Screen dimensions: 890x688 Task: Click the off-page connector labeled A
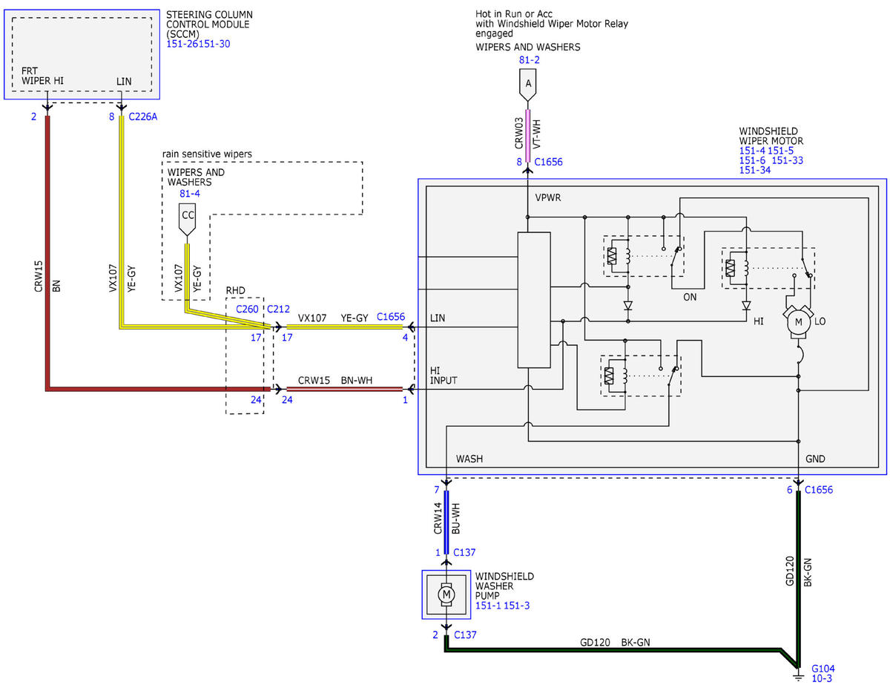pos(527,85)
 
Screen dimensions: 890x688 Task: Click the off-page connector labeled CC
pos(187,219)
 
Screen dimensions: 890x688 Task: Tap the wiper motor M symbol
pos(797,322)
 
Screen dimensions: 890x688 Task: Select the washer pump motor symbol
pos(446,594)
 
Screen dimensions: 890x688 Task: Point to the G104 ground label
pos(823,668)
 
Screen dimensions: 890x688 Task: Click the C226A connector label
pos(142,117)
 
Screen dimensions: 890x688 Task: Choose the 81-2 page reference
pos(529,60)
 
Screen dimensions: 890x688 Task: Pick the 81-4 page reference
pos(190,194)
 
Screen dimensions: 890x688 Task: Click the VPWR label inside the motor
pos(547,197)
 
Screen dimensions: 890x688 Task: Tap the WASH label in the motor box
pos(469,459)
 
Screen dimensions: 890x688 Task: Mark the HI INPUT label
pos(444,376)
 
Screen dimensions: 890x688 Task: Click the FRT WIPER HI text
pos(42,76)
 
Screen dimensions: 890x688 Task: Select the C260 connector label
pos(247,309)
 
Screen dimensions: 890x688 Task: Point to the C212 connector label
pos(278,309)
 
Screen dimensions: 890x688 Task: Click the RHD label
pos(236,290)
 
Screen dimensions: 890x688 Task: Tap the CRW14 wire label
pos(438,518)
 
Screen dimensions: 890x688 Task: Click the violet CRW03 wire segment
pos(527,136)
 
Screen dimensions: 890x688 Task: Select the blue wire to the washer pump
pos(446,522)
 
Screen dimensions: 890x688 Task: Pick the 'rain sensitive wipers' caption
pos(207,154)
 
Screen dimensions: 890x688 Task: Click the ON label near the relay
pos(690,297)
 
